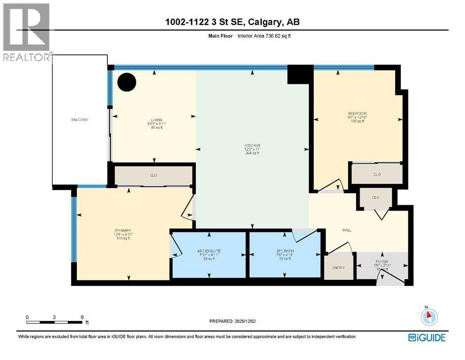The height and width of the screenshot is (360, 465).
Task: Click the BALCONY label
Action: click(x=80, y=120)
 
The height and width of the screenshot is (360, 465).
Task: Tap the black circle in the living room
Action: click(x=126, y=82)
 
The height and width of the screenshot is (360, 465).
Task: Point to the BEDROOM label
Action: click(x=356, y=113)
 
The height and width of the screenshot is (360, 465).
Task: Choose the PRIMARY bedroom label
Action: click(x=122, y=231)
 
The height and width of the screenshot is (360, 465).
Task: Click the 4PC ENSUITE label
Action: click(x=209, y=251)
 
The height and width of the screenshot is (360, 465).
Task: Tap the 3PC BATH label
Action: click(x=285, y=251)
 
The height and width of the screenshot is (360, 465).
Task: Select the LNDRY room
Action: click(x=339, y=268)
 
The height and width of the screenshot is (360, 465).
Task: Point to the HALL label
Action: click(x=347, y=230)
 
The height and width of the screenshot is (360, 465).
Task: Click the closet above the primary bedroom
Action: click(x=153, y=175)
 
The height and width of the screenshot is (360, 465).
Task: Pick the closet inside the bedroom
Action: click(x=376, y=174)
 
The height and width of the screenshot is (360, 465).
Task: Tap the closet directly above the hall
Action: click(x=375, y=197)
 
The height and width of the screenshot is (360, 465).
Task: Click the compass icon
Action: click(x=429, y=317)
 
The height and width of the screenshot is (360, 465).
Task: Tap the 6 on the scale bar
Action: click(x=82, y=317)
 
